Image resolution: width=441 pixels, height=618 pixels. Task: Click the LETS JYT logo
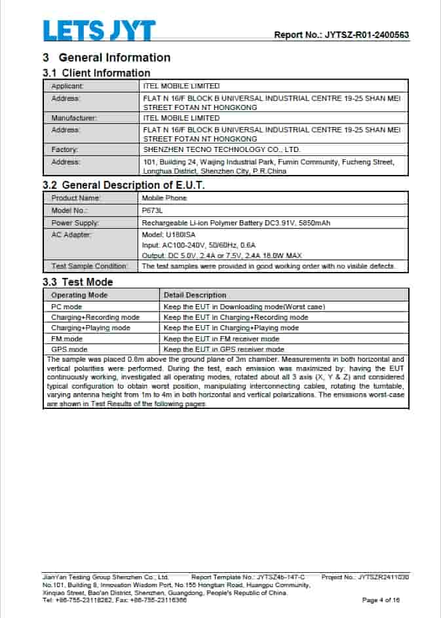[99, 31]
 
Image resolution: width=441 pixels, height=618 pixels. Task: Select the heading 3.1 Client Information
[96, 73]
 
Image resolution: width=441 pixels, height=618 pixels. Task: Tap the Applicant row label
[67, 86]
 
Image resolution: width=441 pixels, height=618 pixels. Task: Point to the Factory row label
[65, 150]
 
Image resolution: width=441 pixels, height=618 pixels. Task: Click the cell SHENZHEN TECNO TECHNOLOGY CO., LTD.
[221, 150]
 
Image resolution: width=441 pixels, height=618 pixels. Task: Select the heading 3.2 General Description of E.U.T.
[124, 185]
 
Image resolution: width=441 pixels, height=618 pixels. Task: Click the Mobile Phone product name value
[164, 198]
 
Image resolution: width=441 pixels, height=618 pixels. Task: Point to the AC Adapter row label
[71, 235]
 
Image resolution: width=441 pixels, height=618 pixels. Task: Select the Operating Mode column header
[79, 295]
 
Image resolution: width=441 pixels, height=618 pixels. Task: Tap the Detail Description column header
[195, 295]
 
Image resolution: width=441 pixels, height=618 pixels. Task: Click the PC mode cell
[67, 307]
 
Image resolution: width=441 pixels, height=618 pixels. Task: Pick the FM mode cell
[67, 339]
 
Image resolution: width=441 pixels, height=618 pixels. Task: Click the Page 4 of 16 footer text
[381, 600]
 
